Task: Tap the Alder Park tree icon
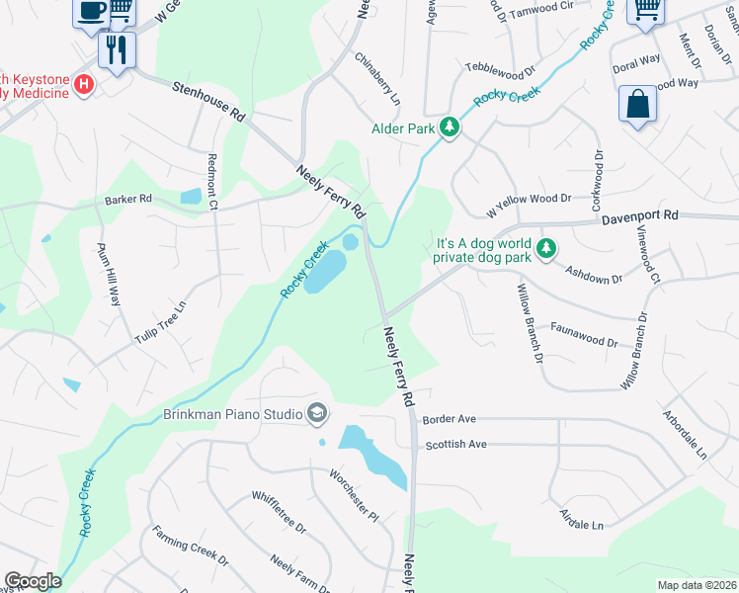click(450, 127)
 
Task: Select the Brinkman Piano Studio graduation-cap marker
click(318, 413)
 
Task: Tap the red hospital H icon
click(84, 86)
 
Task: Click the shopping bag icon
click(637, 103)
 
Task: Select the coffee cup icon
click(91, 10)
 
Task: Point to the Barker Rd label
click(128, 200)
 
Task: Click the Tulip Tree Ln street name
click(161, 322)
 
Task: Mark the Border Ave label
click(450, 419)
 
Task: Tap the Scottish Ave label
click(455, 445)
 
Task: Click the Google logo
click(33, 581)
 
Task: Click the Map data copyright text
click(696, 585)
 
